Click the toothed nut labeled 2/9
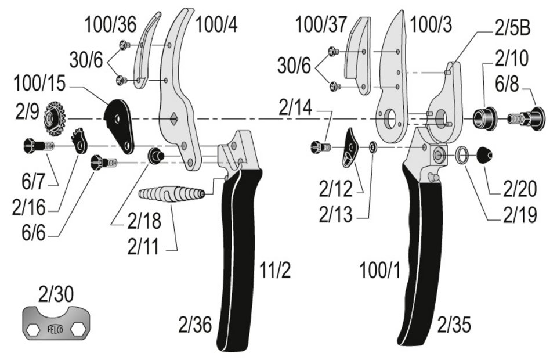point(56,118)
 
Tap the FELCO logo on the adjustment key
point(56,329)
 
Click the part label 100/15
point(39,84)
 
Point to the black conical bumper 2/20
point(485,154)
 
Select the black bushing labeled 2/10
point(484,118)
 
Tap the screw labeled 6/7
point(38,146)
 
